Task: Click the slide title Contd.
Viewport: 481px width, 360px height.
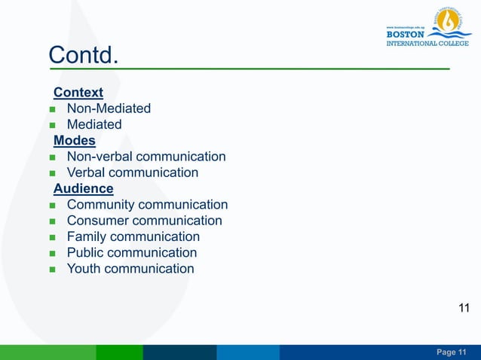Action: (84, 54)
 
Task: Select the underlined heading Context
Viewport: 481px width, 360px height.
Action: (78, 93)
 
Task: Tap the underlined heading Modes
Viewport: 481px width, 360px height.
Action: (75, 141)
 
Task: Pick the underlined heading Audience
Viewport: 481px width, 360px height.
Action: (84, 188)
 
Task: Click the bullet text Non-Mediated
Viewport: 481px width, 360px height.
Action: (109, 108)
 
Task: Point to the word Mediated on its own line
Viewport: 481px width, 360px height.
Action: (94, 125)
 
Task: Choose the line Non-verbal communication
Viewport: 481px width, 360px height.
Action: (146, 157)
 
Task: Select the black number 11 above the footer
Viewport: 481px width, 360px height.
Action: (464, 307)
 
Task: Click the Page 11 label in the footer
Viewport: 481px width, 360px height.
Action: (452, 353)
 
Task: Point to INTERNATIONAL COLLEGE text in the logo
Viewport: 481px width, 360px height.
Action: (427, 43)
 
